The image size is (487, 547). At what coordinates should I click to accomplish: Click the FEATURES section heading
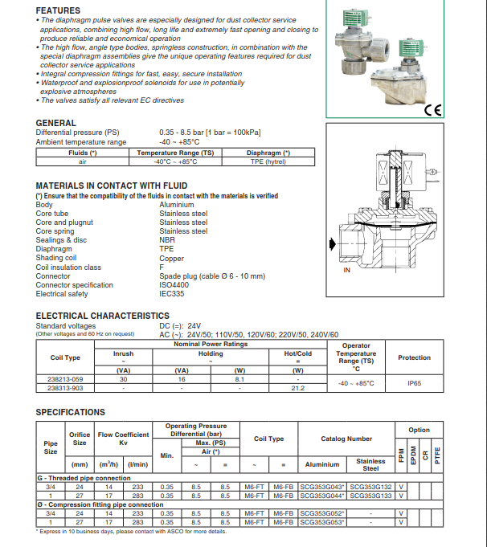pyautogui.click(x=58, y=10)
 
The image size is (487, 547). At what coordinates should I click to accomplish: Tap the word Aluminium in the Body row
pyautogui.click(x=177, y=205)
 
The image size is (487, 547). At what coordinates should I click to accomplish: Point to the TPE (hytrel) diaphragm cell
pyautogui.click(x=268, y=161)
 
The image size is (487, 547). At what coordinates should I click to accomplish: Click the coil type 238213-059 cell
pyautogui.click(x=65, y=378)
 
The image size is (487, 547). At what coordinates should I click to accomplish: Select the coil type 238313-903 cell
pyautogui.click(x=65, y=387)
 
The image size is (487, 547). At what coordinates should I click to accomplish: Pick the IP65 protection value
pyautogui.click(x=414, y=383)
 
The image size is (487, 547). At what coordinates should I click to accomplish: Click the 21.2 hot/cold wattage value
pyautogui.click(x=297, y=387)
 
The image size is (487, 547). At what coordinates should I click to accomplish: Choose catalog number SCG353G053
pyautogui.click(x=322, y=522)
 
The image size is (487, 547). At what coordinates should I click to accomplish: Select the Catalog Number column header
pyautogui.click(x=346, y=439)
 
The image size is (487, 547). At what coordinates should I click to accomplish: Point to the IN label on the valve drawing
pyautogui.click(x=347, y=271)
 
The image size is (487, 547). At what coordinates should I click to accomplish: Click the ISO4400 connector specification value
pyautogui.click(x=174, y=285)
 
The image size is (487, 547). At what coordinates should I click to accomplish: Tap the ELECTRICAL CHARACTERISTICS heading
pyautogui.click(x=103, y=316)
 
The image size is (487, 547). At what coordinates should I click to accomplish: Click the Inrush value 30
pyautogui.click(x=124, y=378)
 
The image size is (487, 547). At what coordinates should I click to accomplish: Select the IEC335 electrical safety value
pyautogui.click(x=173, y=294)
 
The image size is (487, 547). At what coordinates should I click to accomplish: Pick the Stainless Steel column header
pyautogui.click(x=370, y=464)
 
